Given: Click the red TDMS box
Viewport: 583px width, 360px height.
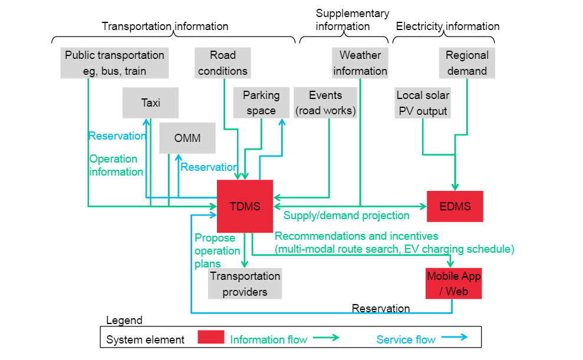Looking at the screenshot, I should [x=245, y=206].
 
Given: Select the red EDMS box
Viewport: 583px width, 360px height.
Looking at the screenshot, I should [x=455, y=206].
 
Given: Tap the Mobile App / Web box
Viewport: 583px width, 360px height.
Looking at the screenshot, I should [x=453, y=283].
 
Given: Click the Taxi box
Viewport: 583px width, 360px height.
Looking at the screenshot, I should [x=151, y=103].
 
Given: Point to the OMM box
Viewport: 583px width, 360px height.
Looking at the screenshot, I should [x=187, y=138].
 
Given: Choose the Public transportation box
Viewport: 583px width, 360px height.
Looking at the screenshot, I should [x=114, y=63].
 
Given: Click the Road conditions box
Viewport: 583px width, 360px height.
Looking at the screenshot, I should [x=223, y=63].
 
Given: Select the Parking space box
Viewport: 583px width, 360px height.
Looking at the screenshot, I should [x=261, y=103].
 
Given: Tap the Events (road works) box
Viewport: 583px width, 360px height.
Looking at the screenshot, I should [x=325, y=103].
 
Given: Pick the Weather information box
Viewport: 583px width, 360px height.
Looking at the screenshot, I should [x=360, y=63].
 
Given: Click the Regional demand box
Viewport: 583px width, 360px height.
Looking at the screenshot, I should [x=467, y=63].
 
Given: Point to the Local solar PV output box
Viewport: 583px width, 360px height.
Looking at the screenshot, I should [x=423, y=103].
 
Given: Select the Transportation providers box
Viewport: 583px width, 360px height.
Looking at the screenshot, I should [x=245, y=284].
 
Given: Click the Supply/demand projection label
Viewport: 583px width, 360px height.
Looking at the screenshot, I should [x=347, y=215].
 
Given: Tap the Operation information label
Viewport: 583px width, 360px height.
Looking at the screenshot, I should [x=116, y=165].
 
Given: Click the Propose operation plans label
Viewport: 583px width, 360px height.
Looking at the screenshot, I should [x=215, y=250].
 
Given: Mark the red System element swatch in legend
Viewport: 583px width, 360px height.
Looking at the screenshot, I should [x=210, y=338].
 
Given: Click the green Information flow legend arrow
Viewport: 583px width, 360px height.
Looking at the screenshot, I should [x=325, y=338].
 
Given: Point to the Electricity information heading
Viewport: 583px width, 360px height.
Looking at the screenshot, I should [x=447, y=27].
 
